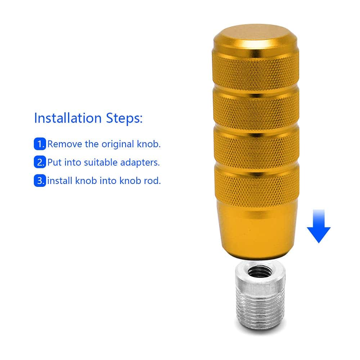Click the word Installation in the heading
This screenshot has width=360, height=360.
tap(68, 118)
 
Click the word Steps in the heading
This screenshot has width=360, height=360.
tap(124, 118)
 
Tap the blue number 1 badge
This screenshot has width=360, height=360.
tap(40, 144)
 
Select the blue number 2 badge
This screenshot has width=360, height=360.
tap(40, 162)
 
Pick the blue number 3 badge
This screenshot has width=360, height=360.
tap(40, 180)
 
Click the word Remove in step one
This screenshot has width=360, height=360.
tap(64, 144)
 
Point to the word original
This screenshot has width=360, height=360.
tap(118, 144)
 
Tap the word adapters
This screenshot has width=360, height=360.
tap(140, 163)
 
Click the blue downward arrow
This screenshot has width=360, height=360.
tap(319, 226)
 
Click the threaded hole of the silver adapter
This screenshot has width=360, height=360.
tap(260, 272)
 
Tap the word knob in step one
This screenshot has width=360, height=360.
tap(149, 144)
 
